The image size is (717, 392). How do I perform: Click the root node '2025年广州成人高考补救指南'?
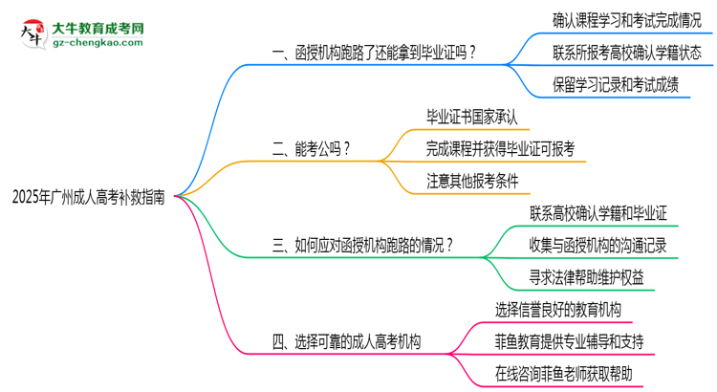(88, 197)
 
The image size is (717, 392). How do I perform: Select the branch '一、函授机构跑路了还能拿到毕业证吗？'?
(374, 53)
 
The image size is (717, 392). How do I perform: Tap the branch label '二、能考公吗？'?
(311, 149)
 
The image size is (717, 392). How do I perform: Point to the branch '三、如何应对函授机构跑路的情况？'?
(362, 246)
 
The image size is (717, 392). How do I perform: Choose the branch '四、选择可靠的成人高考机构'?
(346, 341)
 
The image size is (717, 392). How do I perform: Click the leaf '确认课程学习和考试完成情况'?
(626, 21)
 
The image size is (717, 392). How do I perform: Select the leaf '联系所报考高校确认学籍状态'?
(626, 53)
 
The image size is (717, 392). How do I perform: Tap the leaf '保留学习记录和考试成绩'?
(616, 85)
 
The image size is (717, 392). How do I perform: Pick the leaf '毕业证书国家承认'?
(472, 117)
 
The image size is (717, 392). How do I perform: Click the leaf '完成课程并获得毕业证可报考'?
(500, 149)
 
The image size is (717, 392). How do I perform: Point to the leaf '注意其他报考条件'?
(472, 181)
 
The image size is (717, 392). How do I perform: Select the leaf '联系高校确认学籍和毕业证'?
(598, 213)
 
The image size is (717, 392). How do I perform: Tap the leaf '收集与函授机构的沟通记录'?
(598, 246)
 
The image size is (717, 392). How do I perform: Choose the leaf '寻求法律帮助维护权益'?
(586, 277)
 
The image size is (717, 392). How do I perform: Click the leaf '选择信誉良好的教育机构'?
(558, 310)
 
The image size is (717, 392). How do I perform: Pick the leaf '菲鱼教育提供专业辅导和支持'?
(570, 341)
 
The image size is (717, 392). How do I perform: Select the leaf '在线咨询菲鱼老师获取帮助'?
(563, 374)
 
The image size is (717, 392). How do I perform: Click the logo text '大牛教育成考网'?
(98, 29)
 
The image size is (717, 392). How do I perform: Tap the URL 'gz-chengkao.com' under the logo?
(98, 42)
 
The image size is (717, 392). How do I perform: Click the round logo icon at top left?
(33, 33)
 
